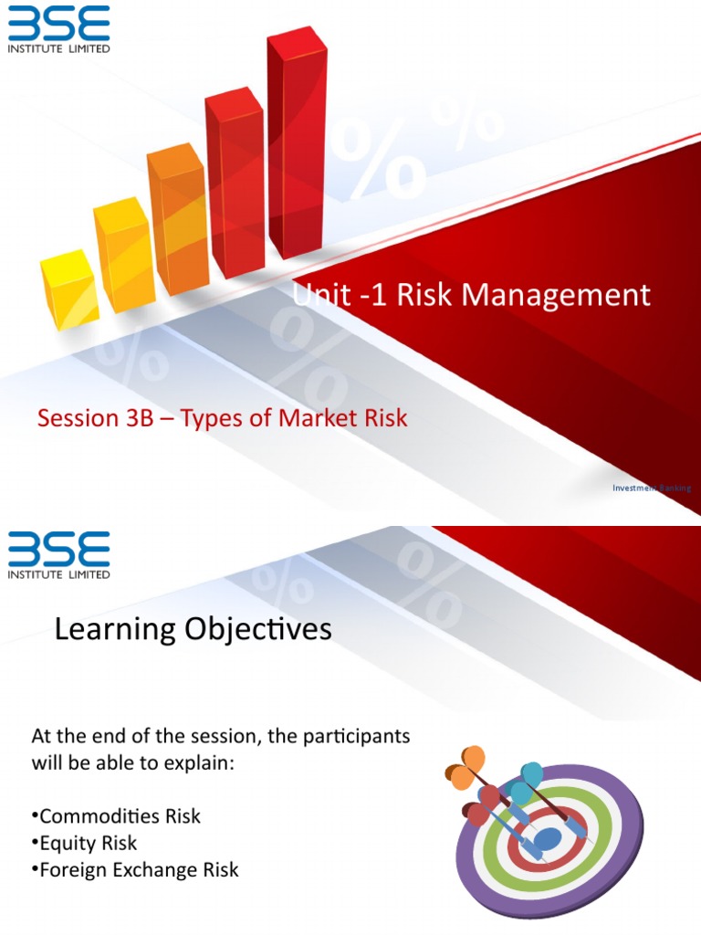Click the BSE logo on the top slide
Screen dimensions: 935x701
[x=58, y=27]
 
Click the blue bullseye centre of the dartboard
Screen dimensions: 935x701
[x=548, y=838]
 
